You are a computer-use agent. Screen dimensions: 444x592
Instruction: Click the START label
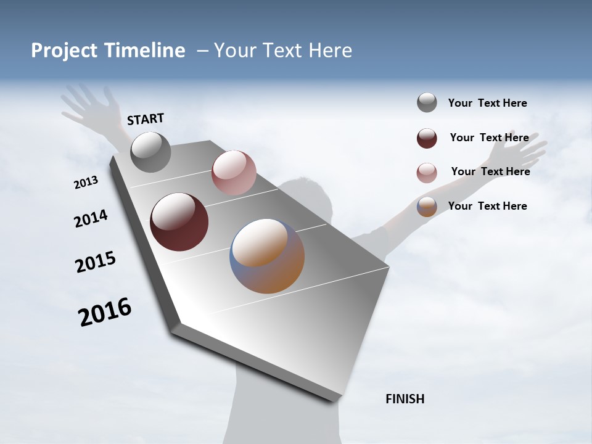146,119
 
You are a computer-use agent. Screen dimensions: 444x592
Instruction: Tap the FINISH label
405,399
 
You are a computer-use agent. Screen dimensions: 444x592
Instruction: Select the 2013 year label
86,183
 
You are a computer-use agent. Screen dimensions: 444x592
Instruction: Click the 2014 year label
91,218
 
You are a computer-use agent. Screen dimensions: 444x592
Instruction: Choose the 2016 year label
105,311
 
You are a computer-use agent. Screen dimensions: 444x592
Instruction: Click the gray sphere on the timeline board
150,152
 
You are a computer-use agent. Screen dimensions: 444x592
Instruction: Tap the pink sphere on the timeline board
234,173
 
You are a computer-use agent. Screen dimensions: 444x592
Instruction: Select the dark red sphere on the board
179,222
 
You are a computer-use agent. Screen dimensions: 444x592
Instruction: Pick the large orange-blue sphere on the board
267,256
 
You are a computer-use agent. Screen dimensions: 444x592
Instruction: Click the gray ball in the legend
427,102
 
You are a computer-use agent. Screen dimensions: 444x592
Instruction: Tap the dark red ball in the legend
427,138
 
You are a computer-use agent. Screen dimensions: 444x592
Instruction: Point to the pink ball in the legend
427,173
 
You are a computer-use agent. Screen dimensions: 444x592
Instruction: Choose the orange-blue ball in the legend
427,207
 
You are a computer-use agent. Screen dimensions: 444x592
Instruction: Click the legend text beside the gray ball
487,103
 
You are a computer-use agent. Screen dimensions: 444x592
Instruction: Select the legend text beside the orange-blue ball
487,206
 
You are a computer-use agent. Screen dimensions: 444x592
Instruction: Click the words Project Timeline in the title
108,51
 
